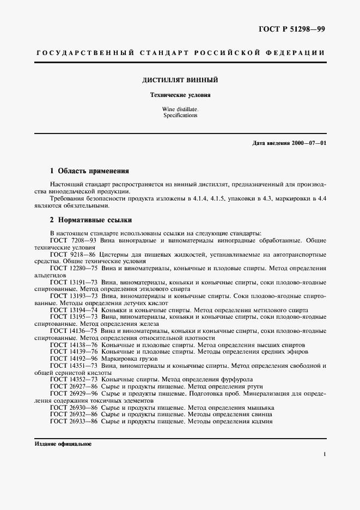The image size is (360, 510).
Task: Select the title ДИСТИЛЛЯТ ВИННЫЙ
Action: pos(180,80)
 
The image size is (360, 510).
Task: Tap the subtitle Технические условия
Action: pos(180,95)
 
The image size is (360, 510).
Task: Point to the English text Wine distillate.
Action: pos(180,110)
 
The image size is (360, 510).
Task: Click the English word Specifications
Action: pos(180,116)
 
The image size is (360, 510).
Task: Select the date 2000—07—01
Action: pos(308,143)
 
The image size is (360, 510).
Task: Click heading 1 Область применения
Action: pos(89,170)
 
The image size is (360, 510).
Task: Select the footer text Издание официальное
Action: pos(63,444)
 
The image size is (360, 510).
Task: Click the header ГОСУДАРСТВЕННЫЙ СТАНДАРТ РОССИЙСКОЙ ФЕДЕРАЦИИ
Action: pos(180,53)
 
